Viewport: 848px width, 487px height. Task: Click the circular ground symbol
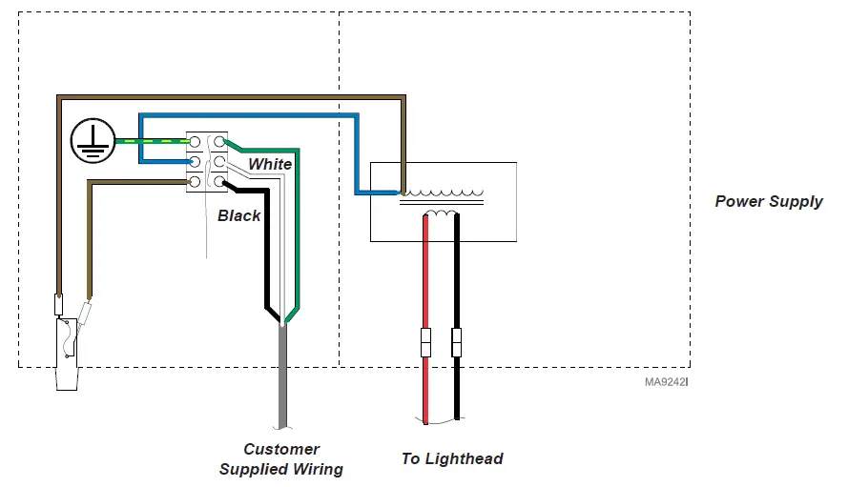coord(92,142)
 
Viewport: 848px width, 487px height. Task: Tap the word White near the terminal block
coord(270,164)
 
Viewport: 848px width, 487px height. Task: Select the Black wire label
coord(238,215)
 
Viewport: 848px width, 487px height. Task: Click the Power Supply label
coord(768,201)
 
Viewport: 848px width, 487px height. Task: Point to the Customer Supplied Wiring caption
coord(281,458)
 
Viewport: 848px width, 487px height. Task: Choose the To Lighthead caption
coord(452,458)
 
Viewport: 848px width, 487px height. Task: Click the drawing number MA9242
coord(666,381)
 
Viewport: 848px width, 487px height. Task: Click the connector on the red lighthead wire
coord(426,341)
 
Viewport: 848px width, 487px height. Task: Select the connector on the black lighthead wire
coord(456,341)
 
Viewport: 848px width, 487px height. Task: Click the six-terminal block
coord(206,161)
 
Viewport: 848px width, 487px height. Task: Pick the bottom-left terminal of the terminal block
coord(195,181)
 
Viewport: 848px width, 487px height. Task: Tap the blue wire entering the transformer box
coord(362,181)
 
